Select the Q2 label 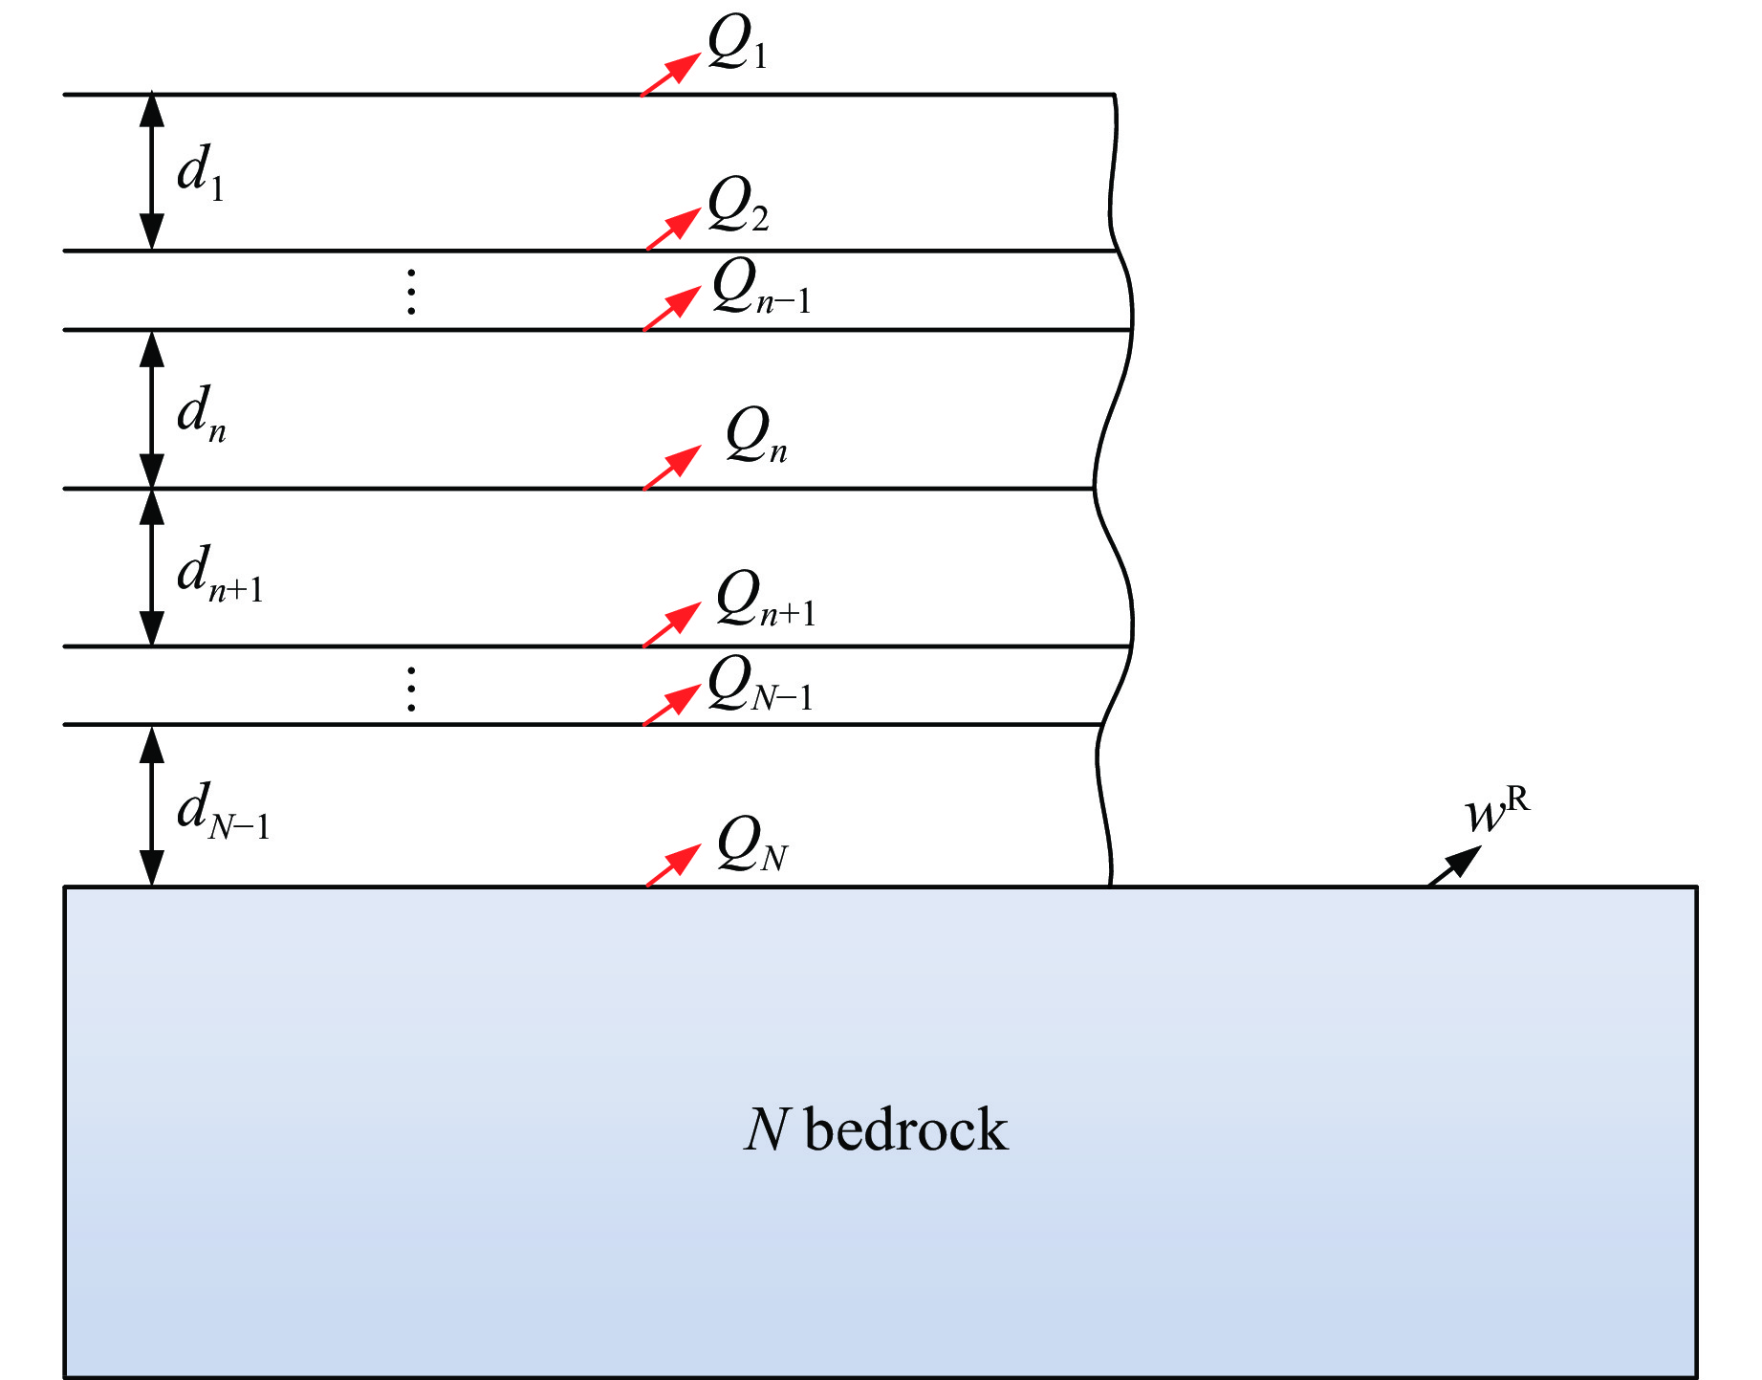point(738,206)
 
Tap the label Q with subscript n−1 point(761,287)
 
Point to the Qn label point(756,435)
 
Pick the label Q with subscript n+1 point(766,600)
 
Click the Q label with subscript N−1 point(760,686)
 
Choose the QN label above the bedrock point(752,845)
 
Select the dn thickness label point(201,414)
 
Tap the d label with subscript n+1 point(219,575)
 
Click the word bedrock point(906,1130)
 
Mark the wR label point(1496,812)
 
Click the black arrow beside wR point(1454,865)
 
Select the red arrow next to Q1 point(670,75)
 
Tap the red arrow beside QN point(673,865)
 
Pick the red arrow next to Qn point(672,468)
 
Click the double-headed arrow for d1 point(152,172)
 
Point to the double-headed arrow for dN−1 point(152,805)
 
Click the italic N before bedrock point(766,1130)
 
